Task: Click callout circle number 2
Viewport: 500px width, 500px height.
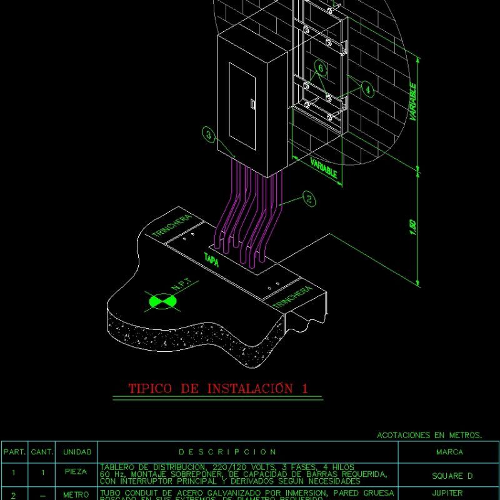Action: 309,199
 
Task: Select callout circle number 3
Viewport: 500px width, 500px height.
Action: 209,134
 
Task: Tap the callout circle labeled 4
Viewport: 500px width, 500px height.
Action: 368,90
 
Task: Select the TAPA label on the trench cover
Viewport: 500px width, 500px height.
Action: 211,261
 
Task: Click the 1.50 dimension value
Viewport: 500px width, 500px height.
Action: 412,228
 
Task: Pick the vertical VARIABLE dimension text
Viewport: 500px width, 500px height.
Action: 413,101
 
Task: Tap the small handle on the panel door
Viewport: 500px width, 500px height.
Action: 252,104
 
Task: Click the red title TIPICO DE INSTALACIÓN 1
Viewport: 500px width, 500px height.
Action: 218,388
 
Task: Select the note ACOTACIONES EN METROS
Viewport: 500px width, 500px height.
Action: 429,435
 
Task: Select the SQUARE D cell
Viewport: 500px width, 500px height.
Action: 448,476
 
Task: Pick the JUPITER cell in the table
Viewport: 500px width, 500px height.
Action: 448,494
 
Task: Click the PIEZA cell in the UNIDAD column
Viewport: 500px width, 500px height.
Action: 77,472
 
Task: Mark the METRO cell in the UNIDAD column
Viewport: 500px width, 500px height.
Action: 77,494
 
